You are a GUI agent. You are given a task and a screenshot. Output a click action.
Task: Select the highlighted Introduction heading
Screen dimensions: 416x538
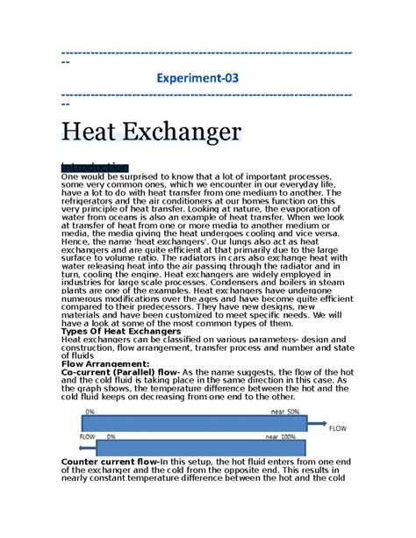coord(94,168)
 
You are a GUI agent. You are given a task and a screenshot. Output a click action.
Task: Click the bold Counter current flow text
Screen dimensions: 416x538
coord(110,462)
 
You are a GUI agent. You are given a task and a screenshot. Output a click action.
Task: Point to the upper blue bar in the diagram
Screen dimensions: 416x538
coord(192,422)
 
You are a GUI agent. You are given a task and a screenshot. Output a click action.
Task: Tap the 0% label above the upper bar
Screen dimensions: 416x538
coord(90,412)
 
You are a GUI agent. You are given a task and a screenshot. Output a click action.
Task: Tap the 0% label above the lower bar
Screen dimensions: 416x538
coord(111,435)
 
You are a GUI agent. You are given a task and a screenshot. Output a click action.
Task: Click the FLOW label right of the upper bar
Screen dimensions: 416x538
coord(339,429)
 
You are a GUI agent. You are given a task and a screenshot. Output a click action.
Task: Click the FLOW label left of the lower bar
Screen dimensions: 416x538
coord(88,436)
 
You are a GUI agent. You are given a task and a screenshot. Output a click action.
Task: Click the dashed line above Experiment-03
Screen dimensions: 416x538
coord(207,54)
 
